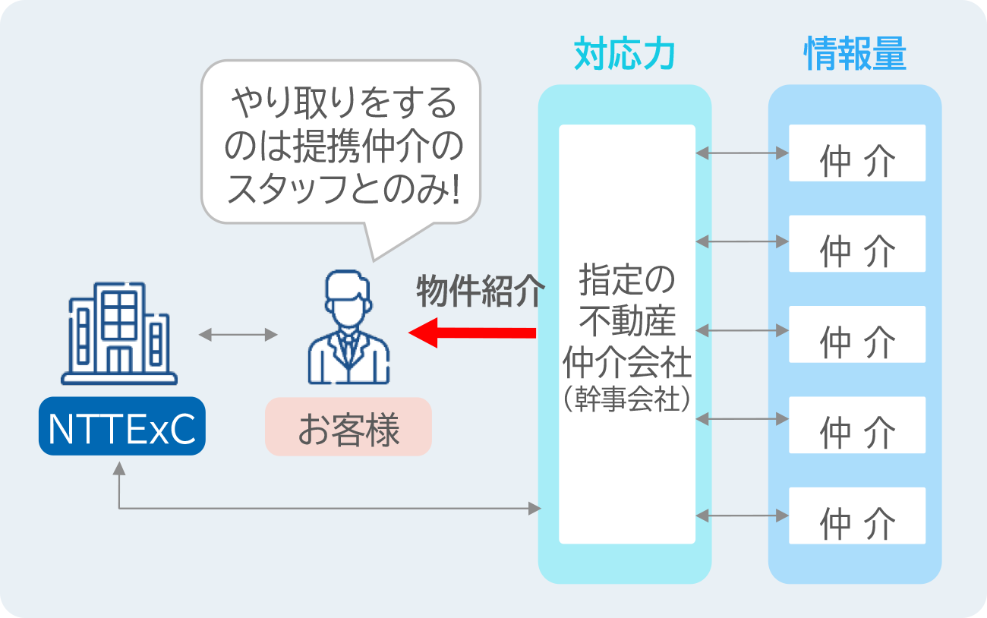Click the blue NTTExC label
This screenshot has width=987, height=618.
121,427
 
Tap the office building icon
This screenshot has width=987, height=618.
119,334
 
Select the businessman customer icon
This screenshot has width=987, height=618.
348,328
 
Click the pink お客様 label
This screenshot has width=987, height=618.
348,427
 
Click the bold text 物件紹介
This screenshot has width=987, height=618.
480,291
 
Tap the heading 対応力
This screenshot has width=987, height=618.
624,55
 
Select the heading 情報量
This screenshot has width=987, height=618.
855,55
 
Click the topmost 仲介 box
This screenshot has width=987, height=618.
856,153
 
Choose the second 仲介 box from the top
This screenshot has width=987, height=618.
856,244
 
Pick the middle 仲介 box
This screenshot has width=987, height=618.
856,334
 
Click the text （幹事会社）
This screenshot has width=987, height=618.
627,399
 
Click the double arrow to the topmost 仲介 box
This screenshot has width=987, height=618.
742,153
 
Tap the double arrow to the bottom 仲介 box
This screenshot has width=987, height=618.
742,516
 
